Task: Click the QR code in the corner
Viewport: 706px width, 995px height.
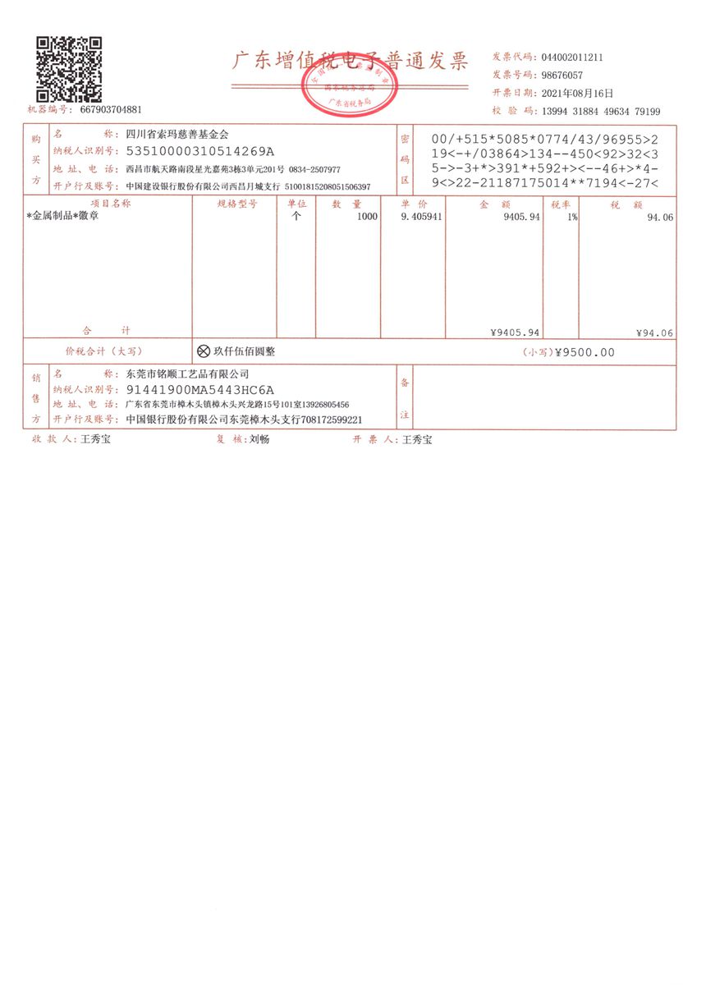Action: [x=68, y=68]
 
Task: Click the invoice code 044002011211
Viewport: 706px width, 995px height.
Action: [x=572, y=57]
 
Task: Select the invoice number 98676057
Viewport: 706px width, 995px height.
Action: [x=562, y=76]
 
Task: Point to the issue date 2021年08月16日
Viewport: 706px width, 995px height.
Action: [x=577, y=94]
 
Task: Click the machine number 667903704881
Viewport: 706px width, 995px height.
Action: [x=111, y=109]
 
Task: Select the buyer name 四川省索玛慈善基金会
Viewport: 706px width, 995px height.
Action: [x=177, y=135]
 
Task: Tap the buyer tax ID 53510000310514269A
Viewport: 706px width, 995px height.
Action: [x=199, y=152]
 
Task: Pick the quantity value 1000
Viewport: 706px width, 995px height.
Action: [x=367, y=217]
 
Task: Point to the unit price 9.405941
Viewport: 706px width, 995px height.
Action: [x=421, y=217]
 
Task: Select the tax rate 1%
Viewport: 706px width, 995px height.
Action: [x=571, y=217]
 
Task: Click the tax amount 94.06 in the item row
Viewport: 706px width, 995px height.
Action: [x=659, y=217]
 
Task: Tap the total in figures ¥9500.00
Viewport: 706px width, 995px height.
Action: [x=585, y=353]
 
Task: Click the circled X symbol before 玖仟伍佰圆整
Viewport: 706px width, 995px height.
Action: [x=204, y=351]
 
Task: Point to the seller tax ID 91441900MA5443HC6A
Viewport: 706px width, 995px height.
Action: [x=199, y=390]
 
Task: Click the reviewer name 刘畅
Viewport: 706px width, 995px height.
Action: [x=259, y=440]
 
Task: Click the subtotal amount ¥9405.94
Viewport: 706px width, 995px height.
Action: [x=515, y=333]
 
